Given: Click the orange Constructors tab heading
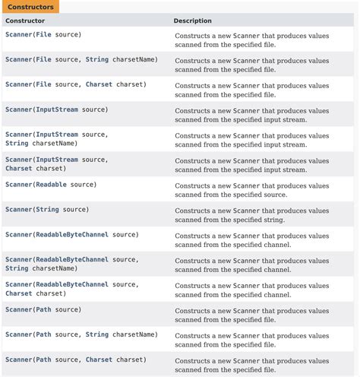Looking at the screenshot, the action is point(30,6).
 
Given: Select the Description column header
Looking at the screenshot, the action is point(192,21).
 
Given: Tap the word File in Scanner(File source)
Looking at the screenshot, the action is point(44,34).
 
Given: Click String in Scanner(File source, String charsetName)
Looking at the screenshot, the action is point(97,59).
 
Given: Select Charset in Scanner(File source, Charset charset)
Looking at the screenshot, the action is point(99,84).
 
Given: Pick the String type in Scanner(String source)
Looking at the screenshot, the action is point(47,209).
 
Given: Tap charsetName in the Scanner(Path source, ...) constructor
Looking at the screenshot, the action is point(134,334).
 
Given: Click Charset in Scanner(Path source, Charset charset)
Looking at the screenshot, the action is point(99,360).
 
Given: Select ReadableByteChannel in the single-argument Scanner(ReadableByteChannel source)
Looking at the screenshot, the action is point(72,234).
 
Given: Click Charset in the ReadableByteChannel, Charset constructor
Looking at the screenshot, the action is point(19,293).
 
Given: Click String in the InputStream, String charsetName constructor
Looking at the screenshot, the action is point(17,143).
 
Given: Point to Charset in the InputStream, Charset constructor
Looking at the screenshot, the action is point(19,169).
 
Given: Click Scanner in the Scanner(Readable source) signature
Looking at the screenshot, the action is point(18,185).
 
